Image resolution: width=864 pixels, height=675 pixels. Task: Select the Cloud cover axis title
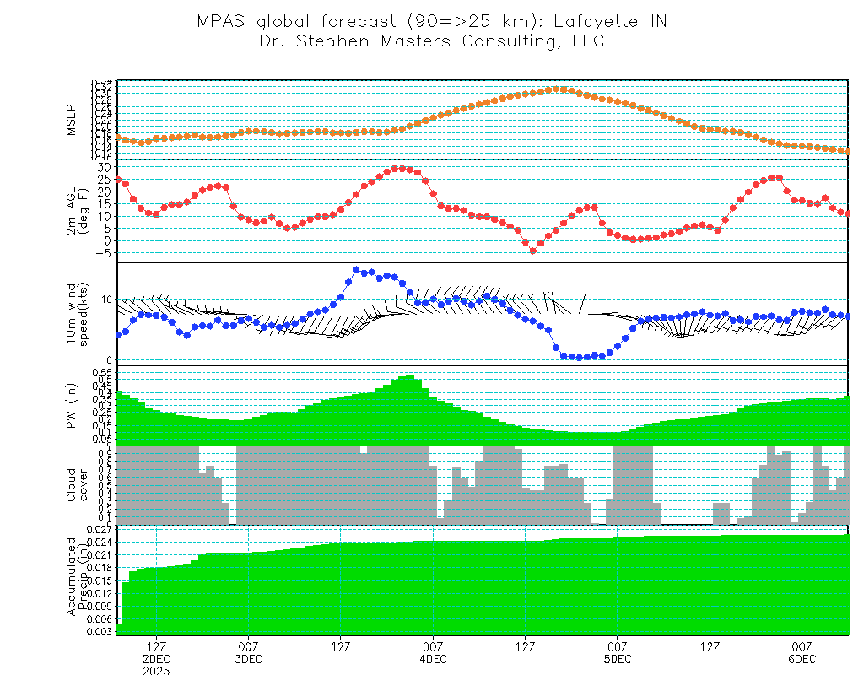[77, 485]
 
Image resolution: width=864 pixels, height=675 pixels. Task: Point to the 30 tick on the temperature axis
[104, 167]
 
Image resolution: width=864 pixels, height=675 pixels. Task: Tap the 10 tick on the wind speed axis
[106, 300]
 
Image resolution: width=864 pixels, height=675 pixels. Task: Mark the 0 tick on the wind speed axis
[109, 360]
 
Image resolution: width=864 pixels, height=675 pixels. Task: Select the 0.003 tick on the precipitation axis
[99, 631]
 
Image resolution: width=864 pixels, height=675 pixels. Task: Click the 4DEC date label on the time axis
[432, 658]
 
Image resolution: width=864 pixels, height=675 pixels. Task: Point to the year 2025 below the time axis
[156, 670]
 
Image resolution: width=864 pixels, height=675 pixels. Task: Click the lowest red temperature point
[532, 251]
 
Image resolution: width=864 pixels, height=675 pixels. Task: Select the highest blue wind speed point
[356, 270]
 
